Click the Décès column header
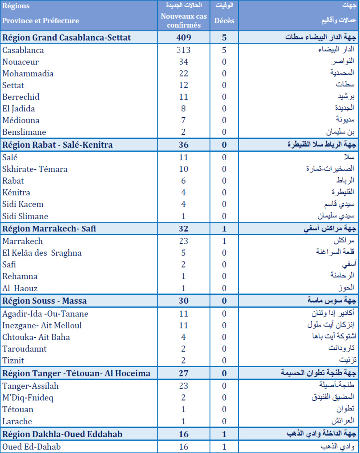tap(224, 21)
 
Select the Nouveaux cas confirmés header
tap(184, 20)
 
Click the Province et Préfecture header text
tap(41, 21)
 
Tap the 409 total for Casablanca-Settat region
tap(184, 38)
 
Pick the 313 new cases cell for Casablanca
tap(184, 50)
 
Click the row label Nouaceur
tap(20, 62)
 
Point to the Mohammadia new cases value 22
tap(184, 73)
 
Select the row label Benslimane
tap(24, 132)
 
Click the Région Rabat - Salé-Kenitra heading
tap(58, 145)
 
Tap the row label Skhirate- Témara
tap(35, 169)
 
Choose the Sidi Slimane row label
tap(25, 216)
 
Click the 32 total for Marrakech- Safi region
tap(184, 229)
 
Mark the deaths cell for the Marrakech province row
tap(224, 241)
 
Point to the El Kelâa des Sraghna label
tap(42, 253)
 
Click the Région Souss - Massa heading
tap(45, 301)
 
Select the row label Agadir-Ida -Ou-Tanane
tap(45, 313)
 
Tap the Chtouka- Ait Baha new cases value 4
tap(184, 337)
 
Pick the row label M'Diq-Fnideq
tap(28, 397)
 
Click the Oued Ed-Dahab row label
tap(32, 447)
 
